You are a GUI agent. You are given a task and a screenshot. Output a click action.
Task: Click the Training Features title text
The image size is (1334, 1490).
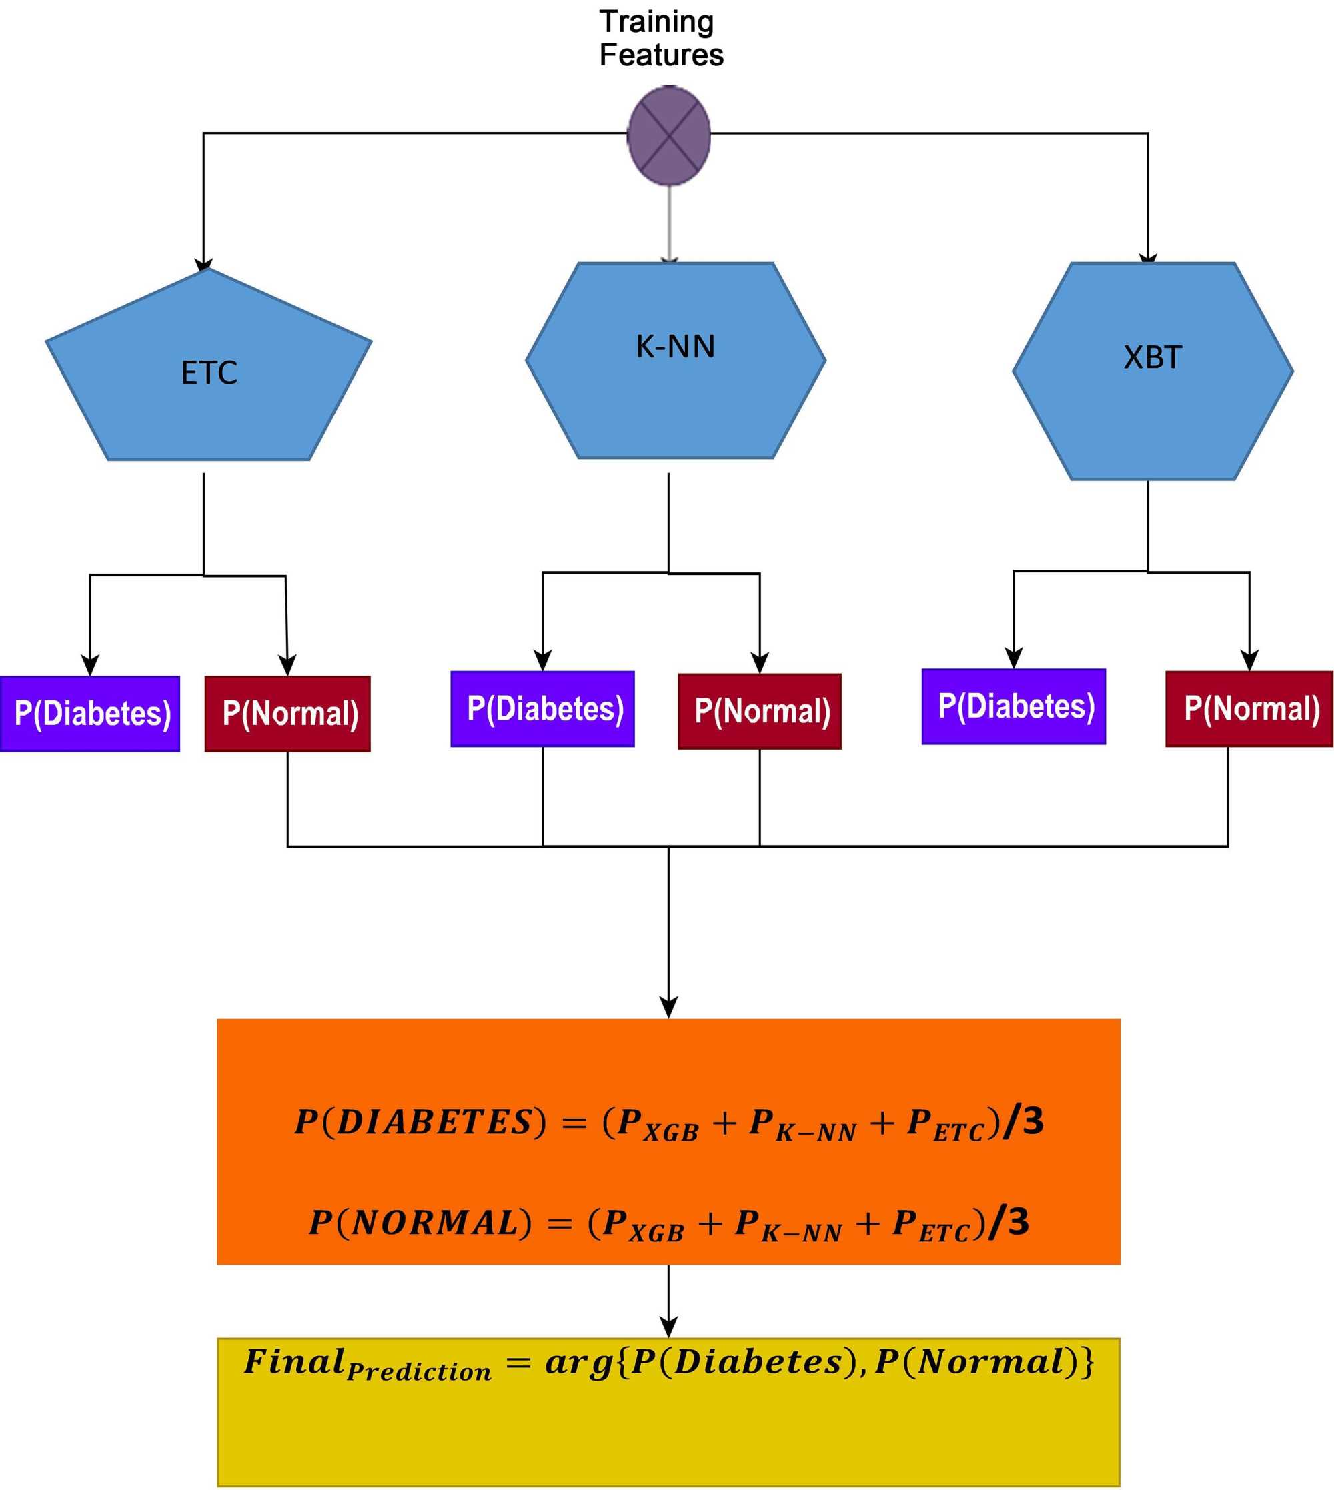click(x=660, y=38)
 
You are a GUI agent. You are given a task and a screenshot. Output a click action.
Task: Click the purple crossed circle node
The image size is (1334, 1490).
click(x=668, y=135)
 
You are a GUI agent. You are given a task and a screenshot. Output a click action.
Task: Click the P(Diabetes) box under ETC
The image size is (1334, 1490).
click(x=90, y=713)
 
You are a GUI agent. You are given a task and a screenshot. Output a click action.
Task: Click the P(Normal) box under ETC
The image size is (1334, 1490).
click(x=287, y=713)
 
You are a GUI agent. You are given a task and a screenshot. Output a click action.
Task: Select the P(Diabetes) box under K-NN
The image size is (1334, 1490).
click(x=542, y=708)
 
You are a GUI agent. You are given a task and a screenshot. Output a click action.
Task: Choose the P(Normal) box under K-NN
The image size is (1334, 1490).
click(x=759, y=710)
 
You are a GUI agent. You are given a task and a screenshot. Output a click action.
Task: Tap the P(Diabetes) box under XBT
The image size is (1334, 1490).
click(x=1013, y=706)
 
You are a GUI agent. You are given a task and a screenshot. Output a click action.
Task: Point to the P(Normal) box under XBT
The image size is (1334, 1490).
click(x=1248, y=708)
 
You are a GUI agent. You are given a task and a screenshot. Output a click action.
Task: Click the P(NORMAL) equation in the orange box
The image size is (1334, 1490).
click(x=668, y=1223)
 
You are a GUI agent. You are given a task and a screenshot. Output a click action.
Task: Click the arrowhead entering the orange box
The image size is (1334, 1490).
click(x=668, y=1007)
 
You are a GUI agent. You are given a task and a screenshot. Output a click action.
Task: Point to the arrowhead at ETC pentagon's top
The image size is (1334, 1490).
click(x=203, y=265)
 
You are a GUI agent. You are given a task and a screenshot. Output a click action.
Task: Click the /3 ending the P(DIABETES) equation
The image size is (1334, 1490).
click(x=1023, y=1121)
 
